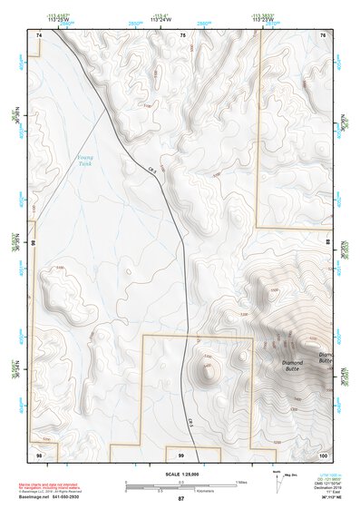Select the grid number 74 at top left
[x=39, y=34]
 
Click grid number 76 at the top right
[x=323, y=34]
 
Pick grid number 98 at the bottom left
[x=39, y=453]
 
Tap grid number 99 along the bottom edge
[x=180, y=454]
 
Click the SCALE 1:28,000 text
[x=180, y=474]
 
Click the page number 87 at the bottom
[x=180, y=499]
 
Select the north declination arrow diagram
[x=277, y=483]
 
